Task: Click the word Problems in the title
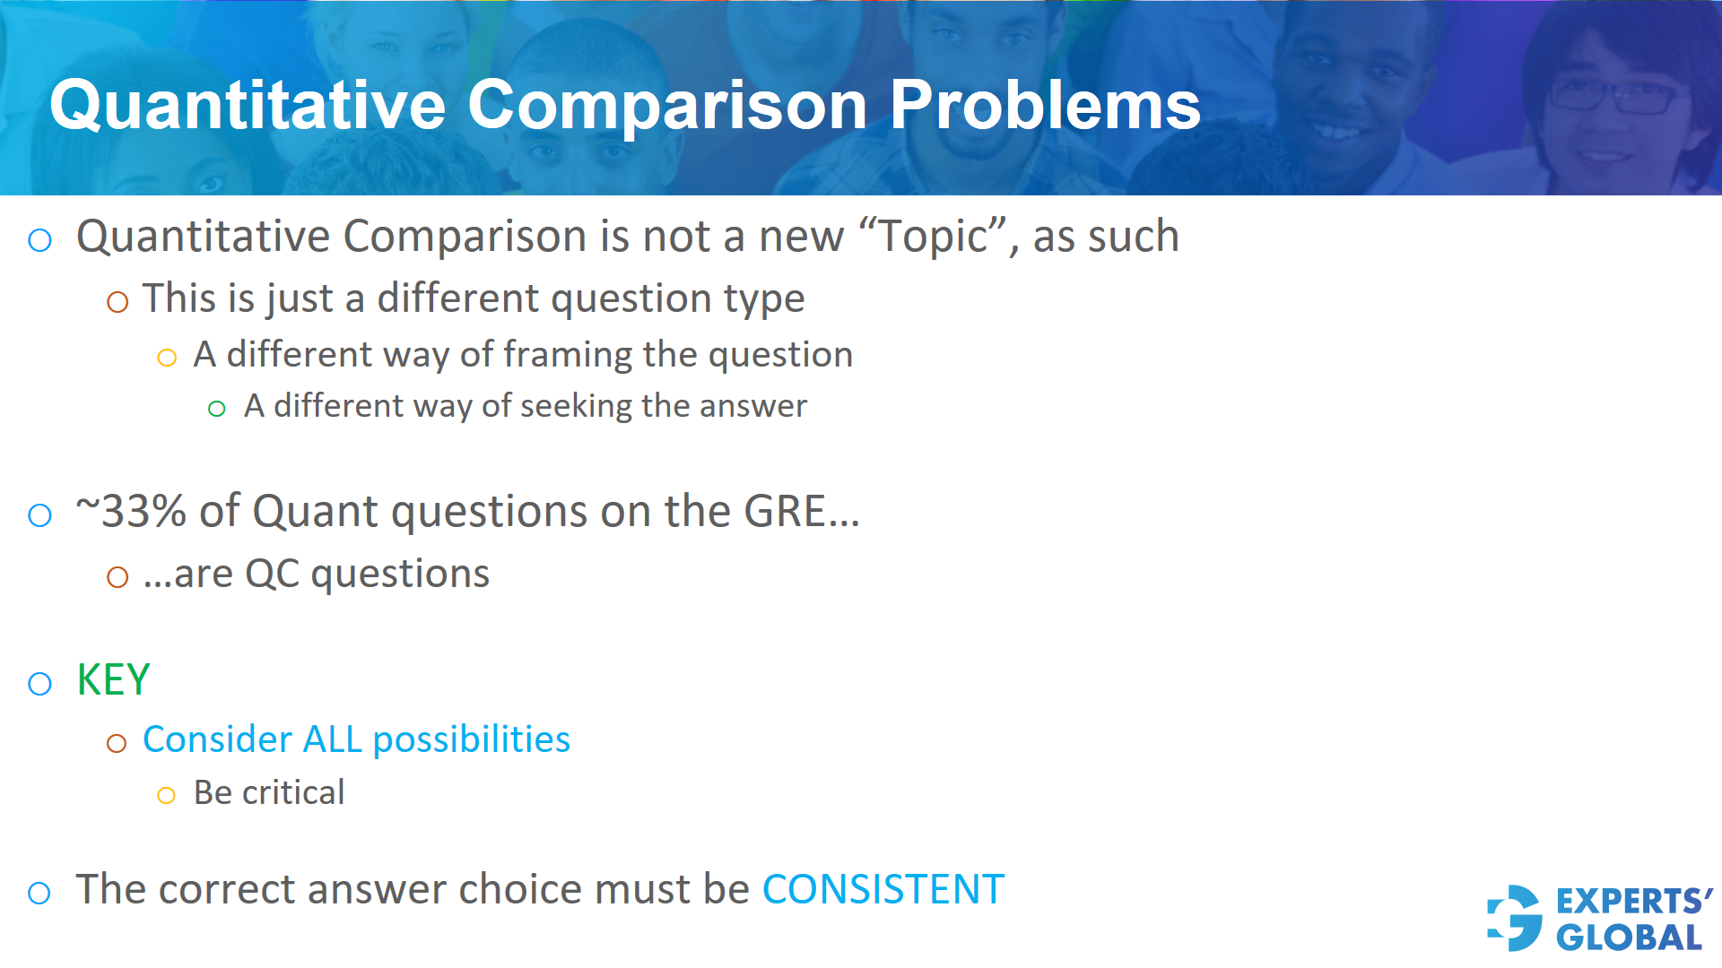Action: click(1044, 105)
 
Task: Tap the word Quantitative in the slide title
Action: click(248, 105)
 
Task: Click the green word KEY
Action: click(113, 679)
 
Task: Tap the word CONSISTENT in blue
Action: click(883, 890)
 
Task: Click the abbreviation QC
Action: click(272, 575)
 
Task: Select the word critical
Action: click(293, 793)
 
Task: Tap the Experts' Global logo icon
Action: click(1515, 918)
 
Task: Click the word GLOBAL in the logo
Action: click(1629, 938)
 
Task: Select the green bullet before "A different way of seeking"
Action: click(216, 410)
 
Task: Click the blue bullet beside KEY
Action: click(40, 684)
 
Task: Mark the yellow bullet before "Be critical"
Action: click(166, 795)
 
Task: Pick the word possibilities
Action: click(471, 740)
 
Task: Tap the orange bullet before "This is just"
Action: click(117, 302)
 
